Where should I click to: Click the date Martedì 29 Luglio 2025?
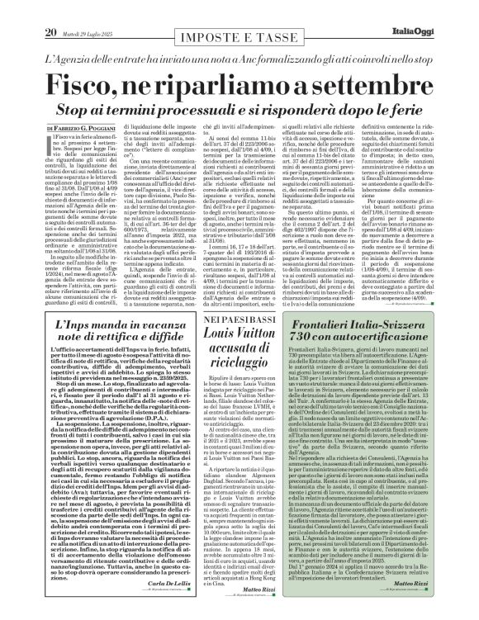pos(83,11)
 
